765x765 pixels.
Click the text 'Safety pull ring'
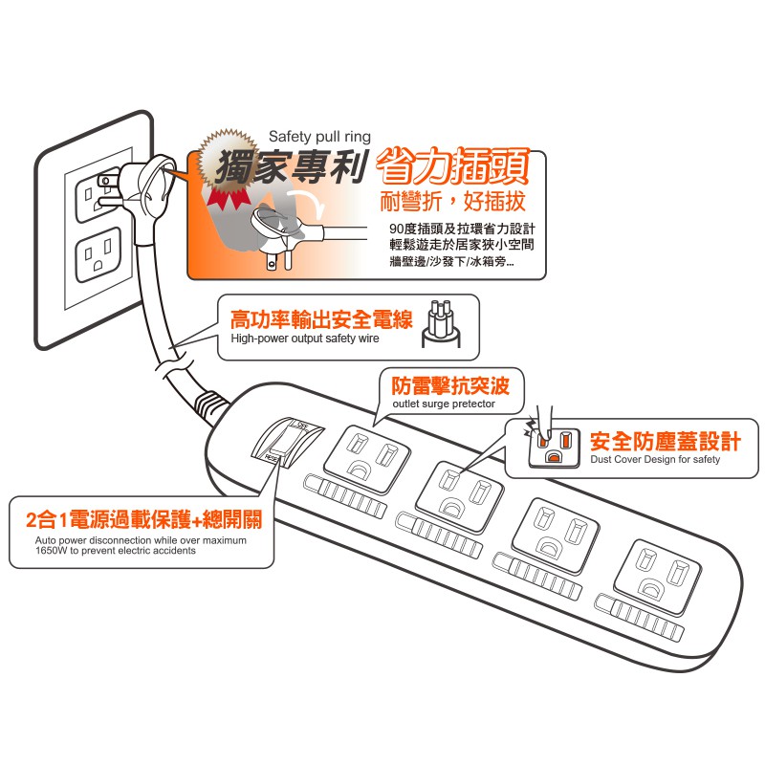[319, 137]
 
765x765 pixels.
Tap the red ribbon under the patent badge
[229, 199]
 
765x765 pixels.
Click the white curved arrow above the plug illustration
[306, 203]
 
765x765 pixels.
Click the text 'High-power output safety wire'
[305, 339]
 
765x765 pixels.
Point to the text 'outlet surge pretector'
[444, 404]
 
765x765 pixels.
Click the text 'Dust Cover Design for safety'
[655, 459]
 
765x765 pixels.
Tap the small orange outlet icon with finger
[554, 446]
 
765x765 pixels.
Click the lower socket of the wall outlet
[98, 254]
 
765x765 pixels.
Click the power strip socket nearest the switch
[367, 459]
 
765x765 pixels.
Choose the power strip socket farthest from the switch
[657, 577]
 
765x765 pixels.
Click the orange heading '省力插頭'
[452, 167]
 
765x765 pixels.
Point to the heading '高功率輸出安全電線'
[321, 319]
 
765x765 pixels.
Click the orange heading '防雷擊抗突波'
[450, 385]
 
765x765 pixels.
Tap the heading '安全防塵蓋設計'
[665, 441]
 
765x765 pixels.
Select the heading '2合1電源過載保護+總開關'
[144, 519]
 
